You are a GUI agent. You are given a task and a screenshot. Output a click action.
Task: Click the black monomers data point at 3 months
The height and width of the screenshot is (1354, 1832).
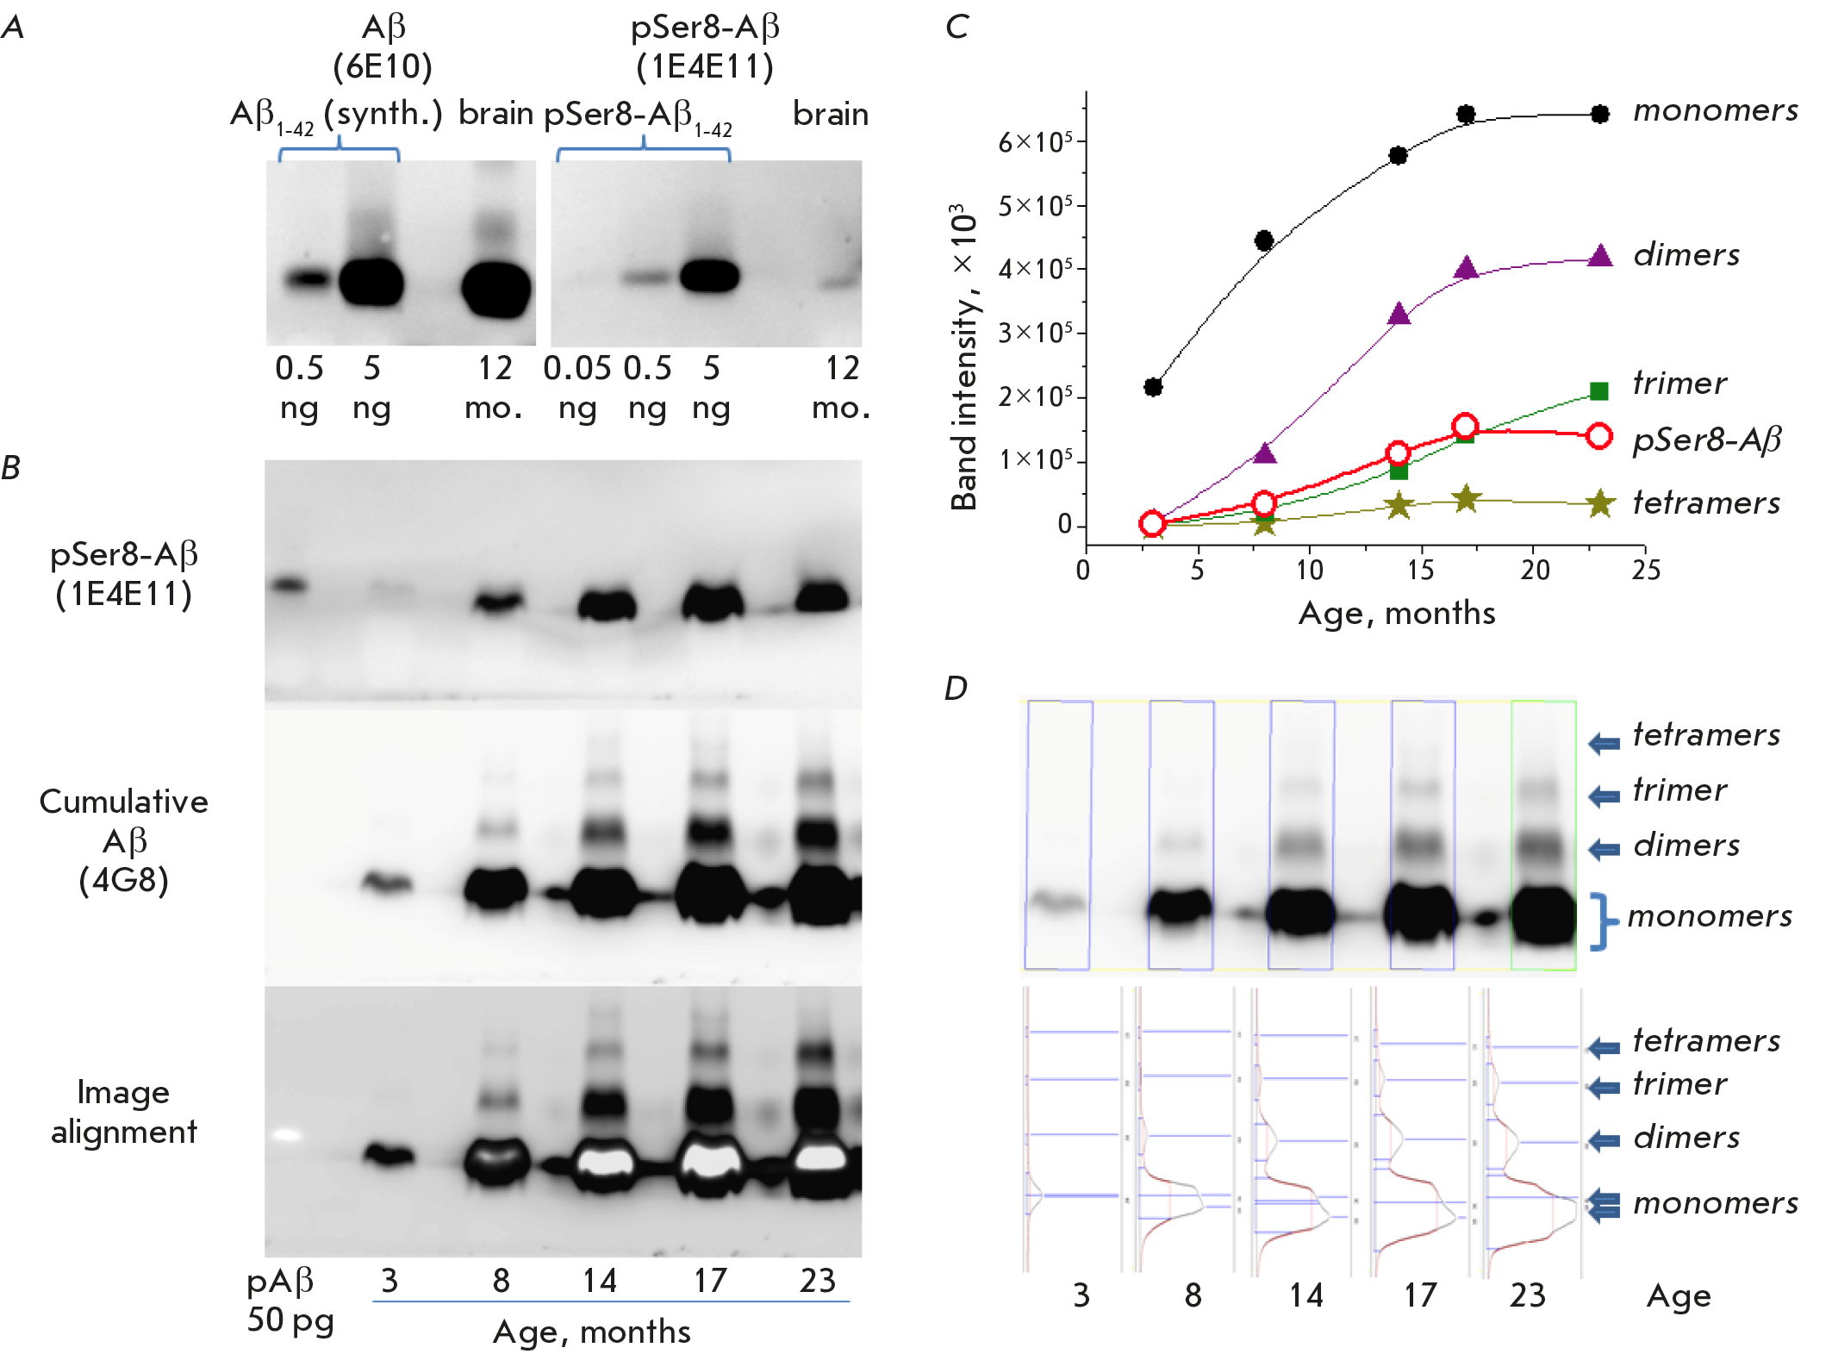pos(1153,387)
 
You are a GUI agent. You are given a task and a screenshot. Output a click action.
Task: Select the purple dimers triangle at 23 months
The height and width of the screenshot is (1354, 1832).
pos(1599,256)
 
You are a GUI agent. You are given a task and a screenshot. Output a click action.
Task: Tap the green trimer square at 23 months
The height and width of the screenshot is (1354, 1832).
pos(1599,391)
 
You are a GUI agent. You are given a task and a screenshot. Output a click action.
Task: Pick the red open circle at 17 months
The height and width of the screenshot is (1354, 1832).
pos(1465,426)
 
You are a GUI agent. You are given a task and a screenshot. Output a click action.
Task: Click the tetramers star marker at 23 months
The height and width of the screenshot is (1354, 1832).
pos(1599,503)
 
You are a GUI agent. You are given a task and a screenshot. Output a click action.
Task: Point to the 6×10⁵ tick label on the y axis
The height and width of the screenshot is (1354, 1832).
pos(1035,141)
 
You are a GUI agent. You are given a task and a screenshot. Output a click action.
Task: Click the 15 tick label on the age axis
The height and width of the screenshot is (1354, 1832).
pos(1420,570)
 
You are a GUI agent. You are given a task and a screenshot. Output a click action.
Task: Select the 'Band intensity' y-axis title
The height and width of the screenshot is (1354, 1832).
pos(964,357)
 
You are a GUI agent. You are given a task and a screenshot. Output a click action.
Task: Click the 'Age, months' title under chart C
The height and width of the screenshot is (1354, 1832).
pos(1396,613)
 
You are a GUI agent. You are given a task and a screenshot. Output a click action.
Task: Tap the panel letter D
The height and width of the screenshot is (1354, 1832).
pos(956,688)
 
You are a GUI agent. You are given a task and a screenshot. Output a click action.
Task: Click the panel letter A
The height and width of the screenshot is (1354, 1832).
pos(13,28)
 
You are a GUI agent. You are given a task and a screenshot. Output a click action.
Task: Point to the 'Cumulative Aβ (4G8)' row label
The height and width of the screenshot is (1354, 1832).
pos(124,840)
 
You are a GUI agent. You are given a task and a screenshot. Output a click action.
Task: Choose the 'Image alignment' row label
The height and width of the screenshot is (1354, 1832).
pos(124,1112)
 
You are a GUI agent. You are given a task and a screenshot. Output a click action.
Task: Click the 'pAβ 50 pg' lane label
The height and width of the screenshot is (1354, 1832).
pos(290,1301)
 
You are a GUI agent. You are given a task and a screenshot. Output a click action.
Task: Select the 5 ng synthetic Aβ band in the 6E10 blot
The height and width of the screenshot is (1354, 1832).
pos(371,282)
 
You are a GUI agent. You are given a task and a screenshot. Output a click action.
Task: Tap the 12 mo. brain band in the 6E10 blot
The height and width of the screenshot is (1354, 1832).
pos(496,288)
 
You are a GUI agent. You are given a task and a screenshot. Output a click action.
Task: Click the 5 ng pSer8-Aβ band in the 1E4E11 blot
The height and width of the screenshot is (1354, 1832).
pos(709,276)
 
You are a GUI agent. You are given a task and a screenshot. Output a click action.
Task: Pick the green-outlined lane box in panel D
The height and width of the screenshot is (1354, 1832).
pos(1543,834)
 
